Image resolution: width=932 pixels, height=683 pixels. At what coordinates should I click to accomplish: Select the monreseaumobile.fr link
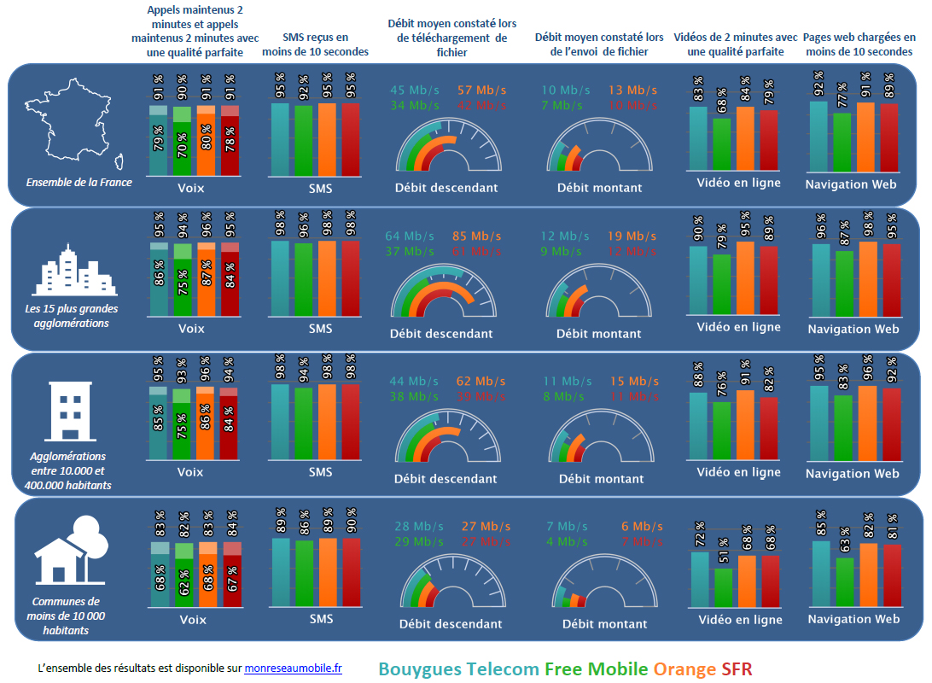(293, 668)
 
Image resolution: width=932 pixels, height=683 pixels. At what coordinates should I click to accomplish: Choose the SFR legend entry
(737, 669)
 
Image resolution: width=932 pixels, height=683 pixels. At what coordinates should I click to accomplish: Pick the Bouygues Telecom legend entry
(458, 669)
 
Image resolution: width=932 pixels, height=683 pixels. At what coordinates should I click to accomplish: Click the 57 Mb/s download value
(481, 90)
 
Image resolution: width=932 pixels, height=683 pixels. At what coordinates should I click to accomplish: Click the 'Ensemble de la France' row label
(79, 182)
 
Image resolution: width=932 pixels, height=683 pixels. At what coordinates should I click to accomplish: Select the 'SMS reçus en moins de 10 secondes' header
(316, 44)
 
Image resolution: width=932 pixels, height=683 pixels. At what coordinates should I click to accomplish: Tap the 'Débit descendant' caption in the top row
(446, 188)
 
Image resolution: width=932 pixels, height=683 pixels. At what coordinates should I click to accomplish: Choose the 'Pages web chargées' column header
(859, 44)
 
